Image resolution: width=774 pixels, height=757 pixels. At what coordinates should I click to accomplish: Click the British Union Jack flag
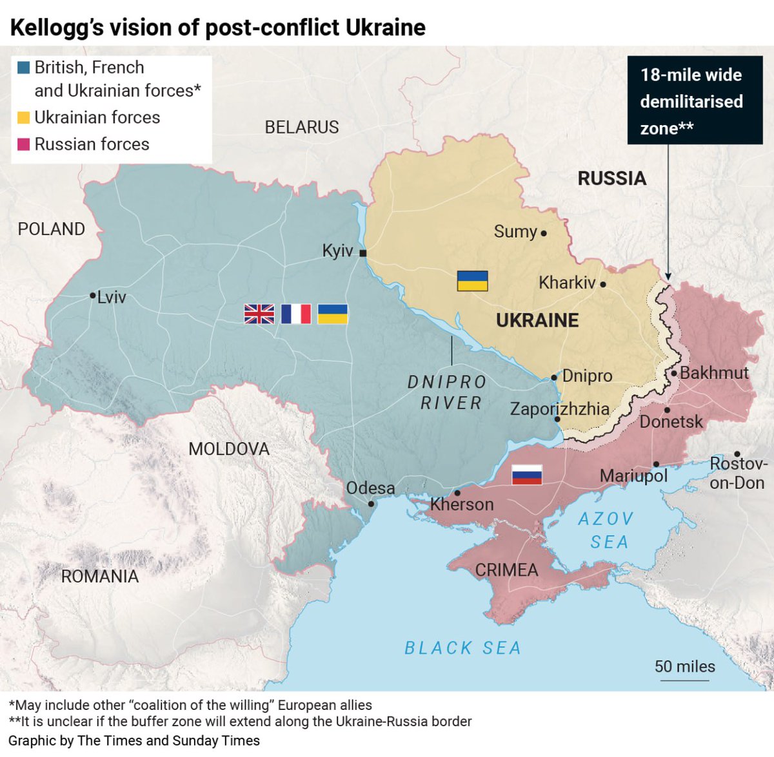click(x=259, y=314)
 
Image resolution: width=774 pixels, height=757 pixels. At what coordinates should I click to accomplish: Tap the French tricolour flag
click(x=296, y=314)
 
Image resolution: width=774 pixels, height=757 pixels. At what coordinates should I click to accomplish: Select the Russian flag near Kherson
click(x=526, y=474)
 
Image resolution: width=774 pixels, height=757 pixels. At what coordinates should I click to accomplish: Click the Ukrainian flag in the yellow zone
click(x=472, y=281)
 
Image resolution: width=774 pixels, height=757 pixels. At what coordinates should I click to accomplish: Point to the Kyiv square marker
click(x=363, y=253)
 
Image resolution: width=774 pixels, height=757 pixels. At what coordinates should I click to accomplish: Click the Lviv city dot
click(x=93, y=296)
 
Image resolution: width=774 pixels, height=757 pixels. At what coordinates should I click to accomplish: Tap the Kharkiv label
click(x=567, y=283)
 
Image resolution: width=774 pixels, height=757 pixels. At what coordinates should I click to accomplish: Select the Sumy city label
click(x=515, y=231)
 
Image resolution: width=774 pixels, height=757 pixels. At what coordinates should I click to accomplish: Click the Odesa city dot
click(x=371, y=504)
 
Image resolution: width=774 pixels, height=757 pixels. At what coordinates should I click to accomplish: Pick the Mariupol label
click(x=633, y=476)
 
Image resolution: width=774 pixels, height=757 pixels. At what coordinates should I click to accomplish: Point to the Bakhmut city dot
click(x=673, y=373)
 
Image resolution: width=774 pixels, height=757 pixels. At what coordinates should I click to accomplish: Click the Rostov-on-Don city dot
click(x=737, y=454)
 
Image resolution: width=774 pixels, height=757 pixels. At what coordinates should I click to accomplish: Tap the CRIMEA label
click(x=506, y=570)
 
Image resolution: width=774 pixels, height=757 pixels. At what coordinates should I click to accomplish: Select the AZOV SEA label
click(x=607, y=530)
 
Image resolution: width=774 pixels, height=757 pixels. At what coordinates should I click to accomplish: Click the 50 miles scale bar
click(x=684, y=678)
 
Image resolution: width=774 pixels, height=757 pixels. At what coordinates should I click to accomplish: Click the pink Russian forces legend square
click(x=24, y=144)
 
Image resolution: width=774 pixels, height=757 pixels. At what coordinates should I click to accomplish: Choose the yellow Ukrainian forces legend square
click(x=24, y=117)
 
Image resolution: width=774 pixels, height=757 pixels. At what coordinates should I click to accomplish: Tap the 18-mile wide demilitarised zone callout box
click(x=695, y=101)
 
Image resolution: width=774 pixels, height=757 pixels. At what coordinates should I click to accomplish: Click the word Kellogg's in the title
click(x=55, y=28)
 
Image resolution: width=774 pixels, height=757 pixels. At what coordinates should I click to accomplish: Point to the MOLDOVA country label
click(x=229, y=449)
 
